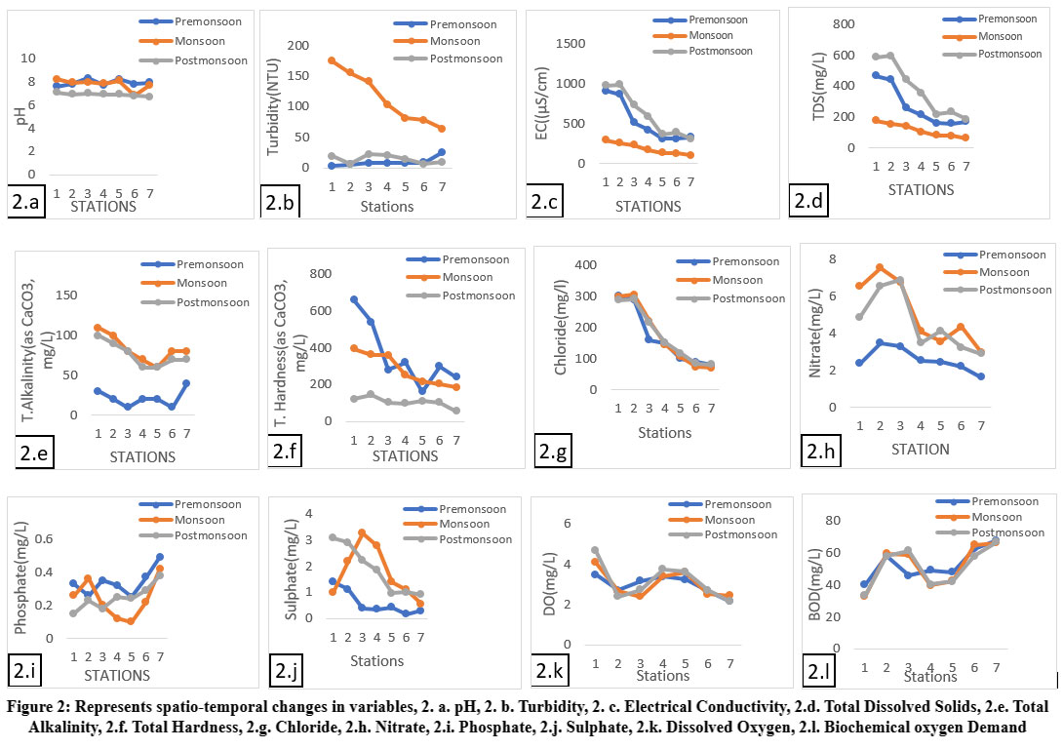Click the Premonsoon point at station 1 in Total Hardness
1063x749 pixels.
pyautogui.click(x=353, y=299)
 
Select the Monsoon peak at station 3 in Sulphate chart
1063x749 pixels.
pyautogui.click(x=362, y=532)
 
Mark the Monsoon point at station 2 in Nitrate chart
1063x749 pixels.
pyautogui.click(x=880, y=267)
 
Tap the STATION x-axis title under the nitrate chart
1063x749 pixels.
pyautogui.click(x=922, y=450)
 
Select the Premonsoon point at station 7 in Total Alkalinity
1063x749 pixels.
pyautogui.click(x=185, y=383)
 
